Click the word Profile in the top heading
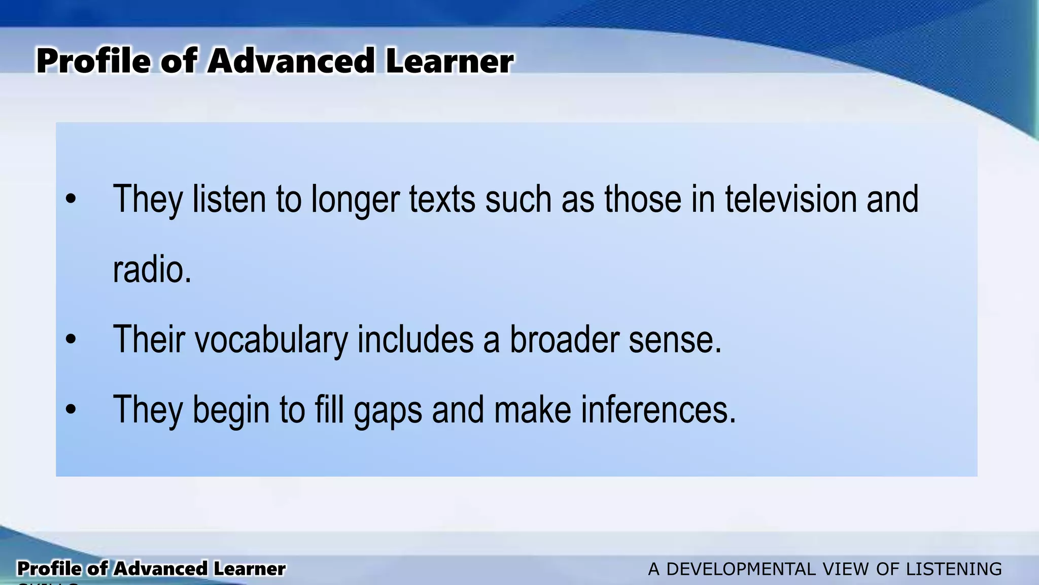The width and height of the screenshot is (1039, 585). click(93, 61)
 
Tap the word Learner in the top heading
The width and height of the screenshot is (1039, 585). click(449, 61)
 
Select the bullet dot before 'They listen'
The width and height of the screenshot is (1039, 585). click(71, 200)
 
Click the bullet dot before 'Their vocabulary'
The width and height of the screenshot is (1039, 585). click(71, 340)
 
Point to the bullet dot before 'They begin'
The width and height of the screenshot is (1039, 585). click(71, 410)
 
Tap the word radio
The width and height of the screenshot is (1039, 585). click(151, 270)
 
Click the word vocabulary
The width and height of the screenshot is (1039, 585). click(271, 340)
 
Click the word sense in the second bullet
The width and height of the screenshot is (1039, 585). click(674, 340)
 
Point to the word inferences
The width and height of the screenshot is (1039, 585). click(657, 410)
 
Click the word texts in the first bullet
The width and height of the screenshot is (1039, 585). click(442, 199)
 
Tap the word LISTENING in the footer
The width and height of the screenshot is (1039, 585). click(954, 569)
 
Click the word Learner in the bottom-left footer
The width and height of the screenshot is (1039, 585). click(249, 569)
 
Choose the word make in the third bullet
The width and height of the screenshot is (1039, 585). click(532, 410)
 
